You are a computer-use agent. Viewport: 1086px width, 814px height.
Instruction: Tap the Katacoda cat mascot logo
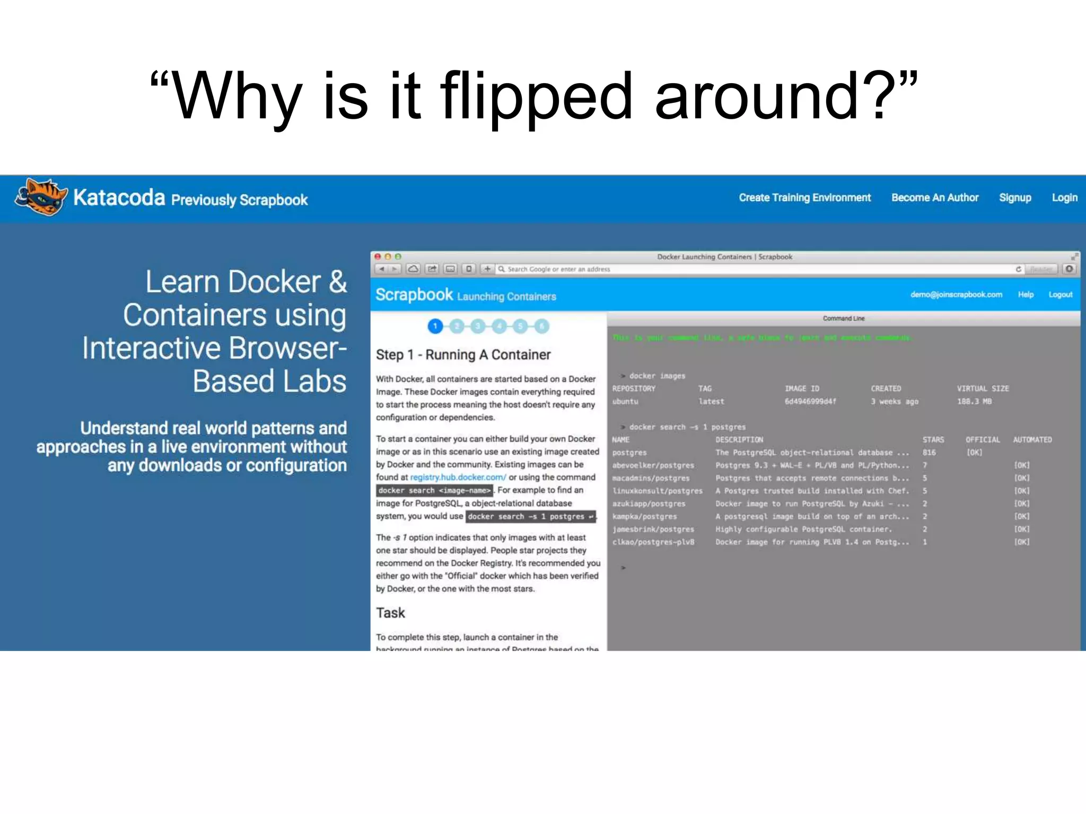41,197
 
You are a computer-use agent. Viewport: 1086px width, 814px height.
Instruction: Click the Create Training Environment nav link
804,198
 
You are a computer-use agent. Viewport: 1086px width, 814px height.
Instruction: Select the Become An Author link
934,198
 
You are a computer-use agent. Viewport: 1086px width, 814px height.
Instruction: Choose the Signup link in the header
1015,198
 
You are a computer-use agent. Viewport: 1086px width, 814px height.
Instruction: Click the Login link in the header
1064,198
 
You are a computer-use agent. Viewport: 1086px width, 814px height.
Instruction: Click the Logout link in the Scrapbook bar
1060,295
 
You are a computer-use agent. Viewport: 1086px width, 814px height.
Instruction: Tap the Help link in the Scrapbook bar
1026,295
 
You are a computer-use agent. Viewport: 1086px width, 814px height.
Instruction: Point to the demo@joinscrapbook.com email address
956,295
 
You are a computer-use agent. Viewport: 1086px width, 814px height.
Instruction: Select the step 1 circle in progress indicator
435,326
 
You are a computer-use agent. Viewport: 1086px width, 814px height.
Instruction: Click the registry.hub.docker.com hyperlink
458,477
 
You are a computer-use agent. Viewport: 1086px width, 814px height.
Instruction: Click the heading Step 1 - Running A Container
463,355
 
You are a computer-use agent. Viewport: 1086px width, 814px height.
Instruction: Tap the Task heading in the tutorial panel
390,613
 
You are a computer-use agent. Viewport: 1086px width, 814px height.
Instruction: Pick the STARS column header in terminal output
933,440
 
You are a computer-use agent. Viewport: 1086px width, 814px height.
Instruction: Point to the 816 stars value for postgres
929,453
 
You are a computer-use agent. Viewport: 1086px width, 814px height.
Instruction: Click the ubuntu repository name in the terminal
625,402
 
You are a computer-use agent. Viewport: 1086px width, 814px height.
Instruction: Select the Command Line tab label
843,318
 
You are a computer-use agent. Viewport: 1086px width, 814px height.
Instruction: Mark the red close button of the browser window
378,256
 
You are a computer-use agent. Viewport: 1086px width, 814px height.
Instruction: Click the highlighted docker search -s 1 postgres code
530,517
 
